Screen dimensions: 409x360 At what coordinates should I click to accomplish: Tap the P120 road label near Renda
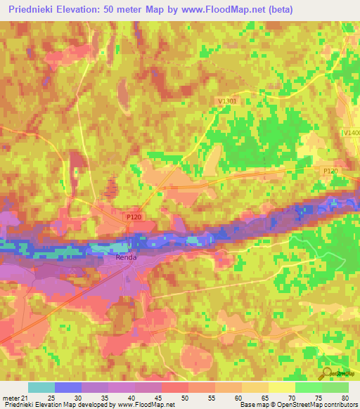(x=134, y=218)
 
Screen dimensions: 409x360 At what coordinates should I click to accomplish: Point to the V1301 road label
(x=226, y=101)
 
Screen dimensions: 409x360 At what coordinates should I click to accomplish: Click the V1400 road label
(x=350, y=133)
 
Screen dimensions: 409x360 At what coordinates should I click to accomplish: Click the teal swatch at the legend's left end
(x=41, y=387)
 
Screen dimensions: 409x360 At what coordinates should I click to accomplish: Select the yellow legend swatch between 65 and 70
(x=281, y=387)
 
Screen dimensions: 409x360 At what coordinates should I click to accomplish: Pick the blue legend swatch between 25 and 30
(x=68, y=387)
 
